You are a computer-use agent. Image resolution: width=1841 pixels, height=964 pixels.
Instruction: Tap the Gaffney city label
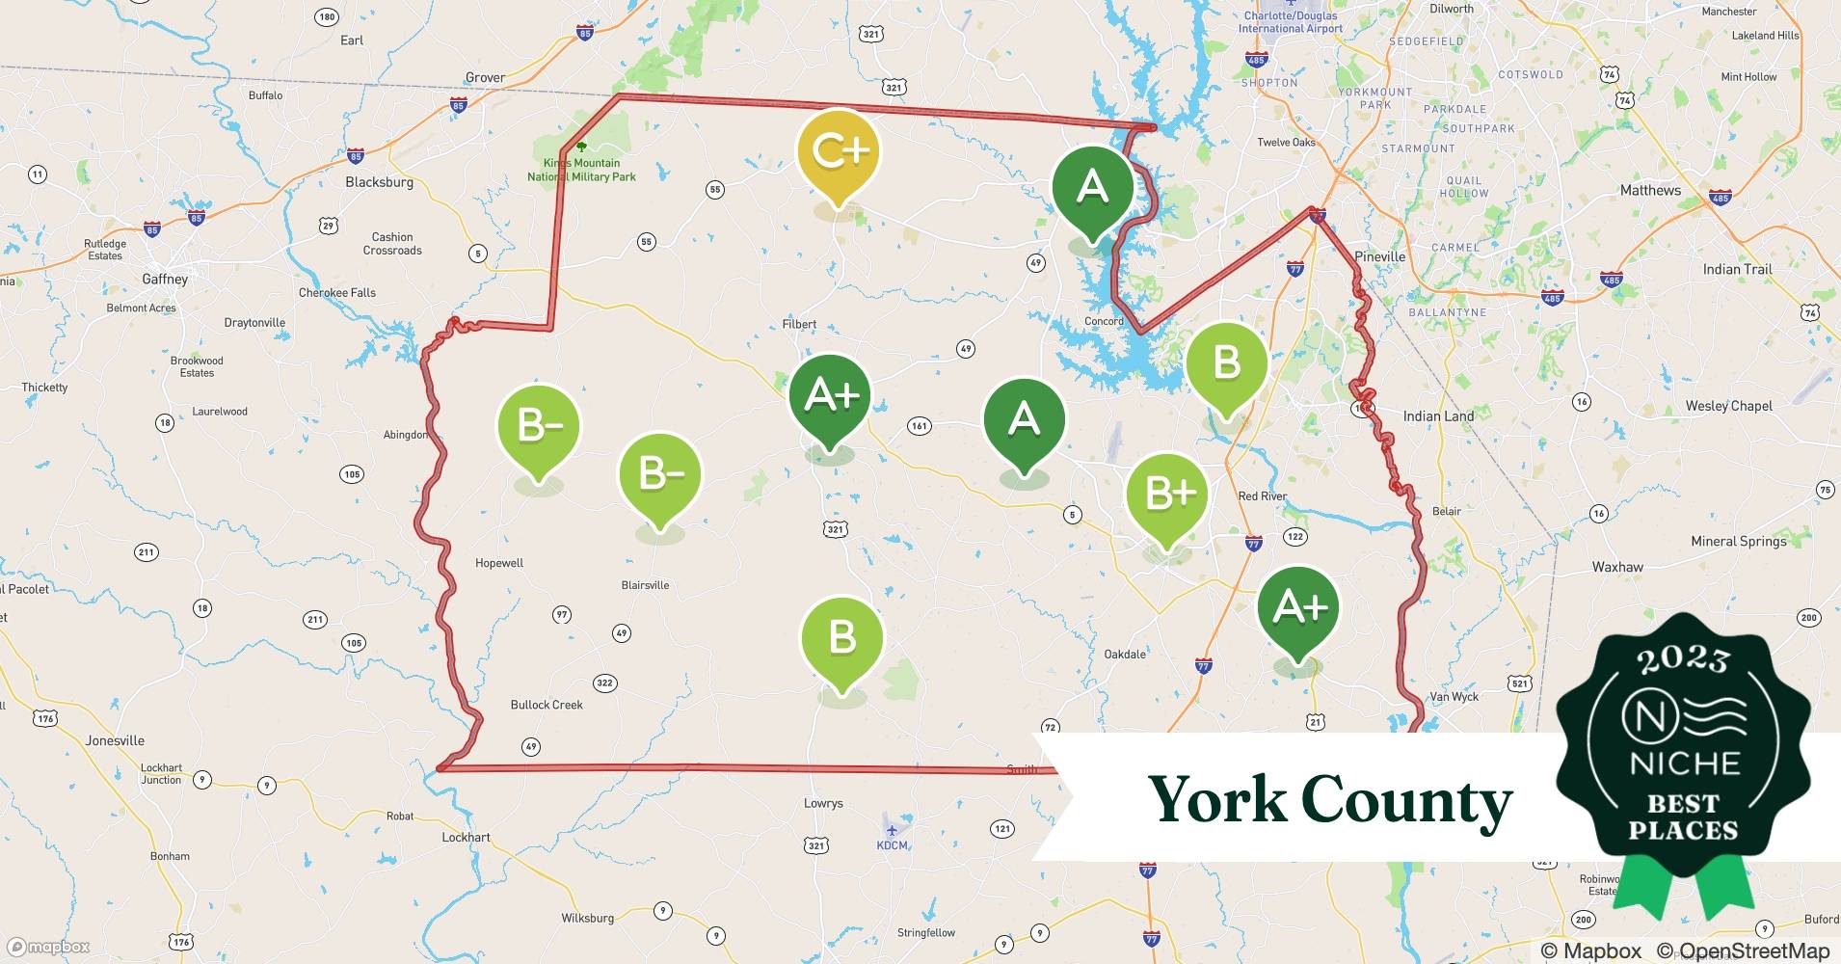165,279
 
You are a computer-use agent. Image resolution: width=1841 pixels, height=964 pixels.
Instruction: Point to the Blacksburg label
379,182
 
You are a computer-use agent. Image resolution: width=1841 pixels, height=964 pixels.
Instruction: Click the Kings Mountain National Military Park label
581,170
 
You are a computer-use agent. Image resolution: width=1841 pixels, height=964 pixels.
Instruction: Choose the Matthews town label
1650,190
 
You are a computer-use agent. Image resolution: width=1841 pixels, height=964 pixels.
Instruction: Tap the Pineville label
1379,256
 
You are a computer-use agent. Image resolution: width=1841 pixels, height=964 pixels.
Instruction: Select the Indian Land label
1438,416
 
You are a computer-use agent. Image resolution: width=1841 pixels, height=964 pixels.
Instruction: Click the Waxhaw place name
1617,567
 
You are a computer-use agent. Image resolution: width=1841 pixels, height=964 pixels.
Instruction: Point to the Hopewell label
499,563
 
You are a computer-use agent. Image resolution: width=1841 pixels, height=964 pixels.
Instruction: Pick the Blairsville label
645,585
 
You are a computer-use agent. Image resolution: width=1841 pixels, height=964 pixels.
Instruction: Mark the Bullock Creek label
547,705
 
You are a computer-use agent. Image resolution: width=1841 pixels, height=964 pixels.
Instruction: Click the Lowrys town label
823,803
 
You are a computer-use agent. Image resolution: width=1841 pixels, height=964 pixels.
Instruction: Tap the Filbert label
799,324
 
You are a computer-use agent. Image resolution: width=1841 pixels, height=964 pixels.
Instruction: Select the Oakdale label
1125,654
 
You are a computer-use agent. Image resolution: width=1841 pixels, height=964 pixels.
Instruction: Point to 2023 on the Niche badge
1683,659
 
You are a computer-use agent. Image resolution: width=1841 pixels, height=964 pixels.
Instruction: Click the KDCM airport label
892,845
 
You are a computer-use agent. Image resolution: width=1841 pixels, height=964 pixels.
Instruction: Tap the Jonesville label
115,740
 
